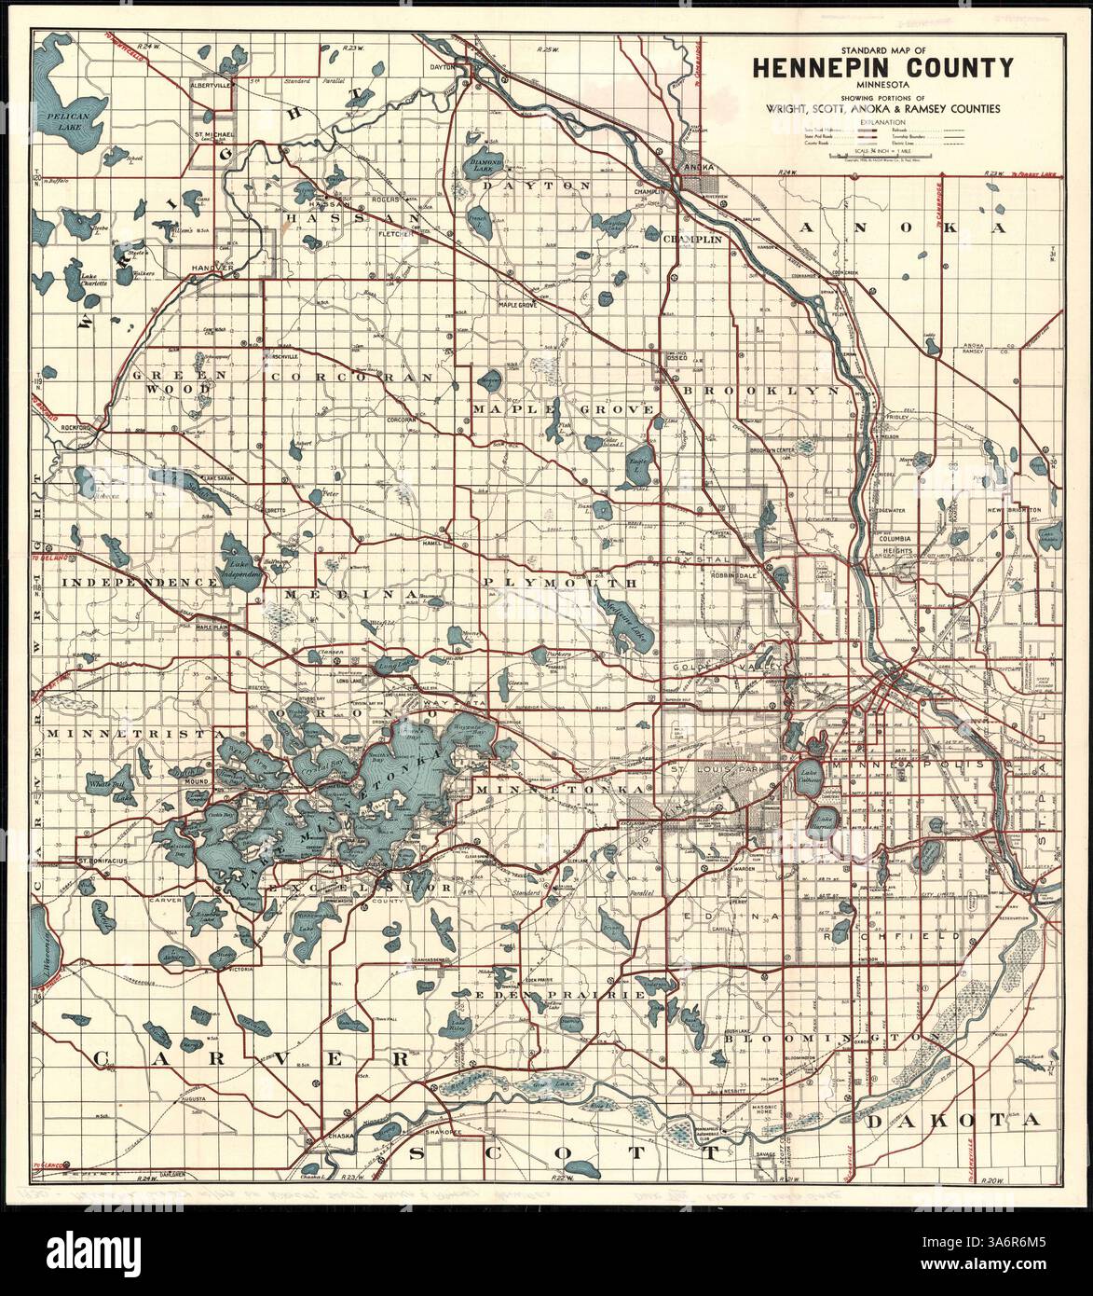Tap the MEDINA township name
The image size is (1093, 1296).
click(x=350, y=594)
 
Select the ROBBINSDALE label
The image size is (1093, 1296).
click(x=746, y=575)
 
